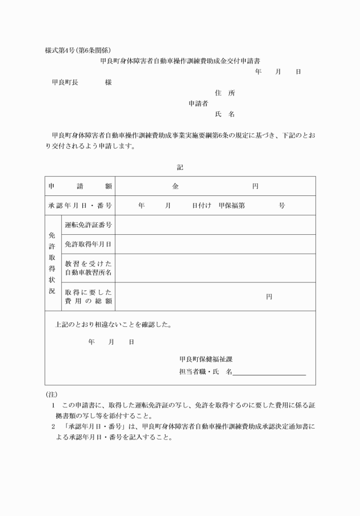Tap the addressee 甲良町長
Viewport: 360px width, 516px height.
click(65, 82)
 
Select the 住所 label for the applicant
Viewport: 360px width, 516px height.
click(225, 93)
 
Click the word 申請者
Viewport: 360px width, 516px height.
click(198, 103)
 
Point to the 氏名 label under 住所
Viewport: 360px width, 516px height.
click(225, 114)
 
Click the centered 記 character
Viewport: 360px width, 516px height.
click(180, 167)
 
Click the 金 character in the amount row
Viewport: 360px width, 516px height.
click(175, 186)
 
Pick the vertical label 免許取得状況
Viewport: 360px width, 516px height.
click(52, 263)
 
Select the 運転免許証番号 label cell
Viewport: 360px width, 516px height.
click(88, 225)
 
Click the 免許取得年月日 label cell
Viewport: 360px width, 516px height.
click(88, 244)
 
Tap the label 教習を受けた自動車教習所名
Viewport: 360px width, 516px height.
click(88, 268)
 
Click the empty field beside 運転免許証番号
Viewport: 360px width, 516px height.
click(215, 225)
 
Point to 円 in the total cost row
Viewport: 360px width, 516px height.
click(269, 297)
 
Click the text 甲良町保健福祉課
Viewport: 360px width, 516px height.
click(205, 359)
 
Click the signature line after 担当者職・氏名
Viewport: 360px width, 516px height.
click(269, 373)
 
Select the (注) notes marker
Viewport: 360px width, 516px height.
click(51, 395)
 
